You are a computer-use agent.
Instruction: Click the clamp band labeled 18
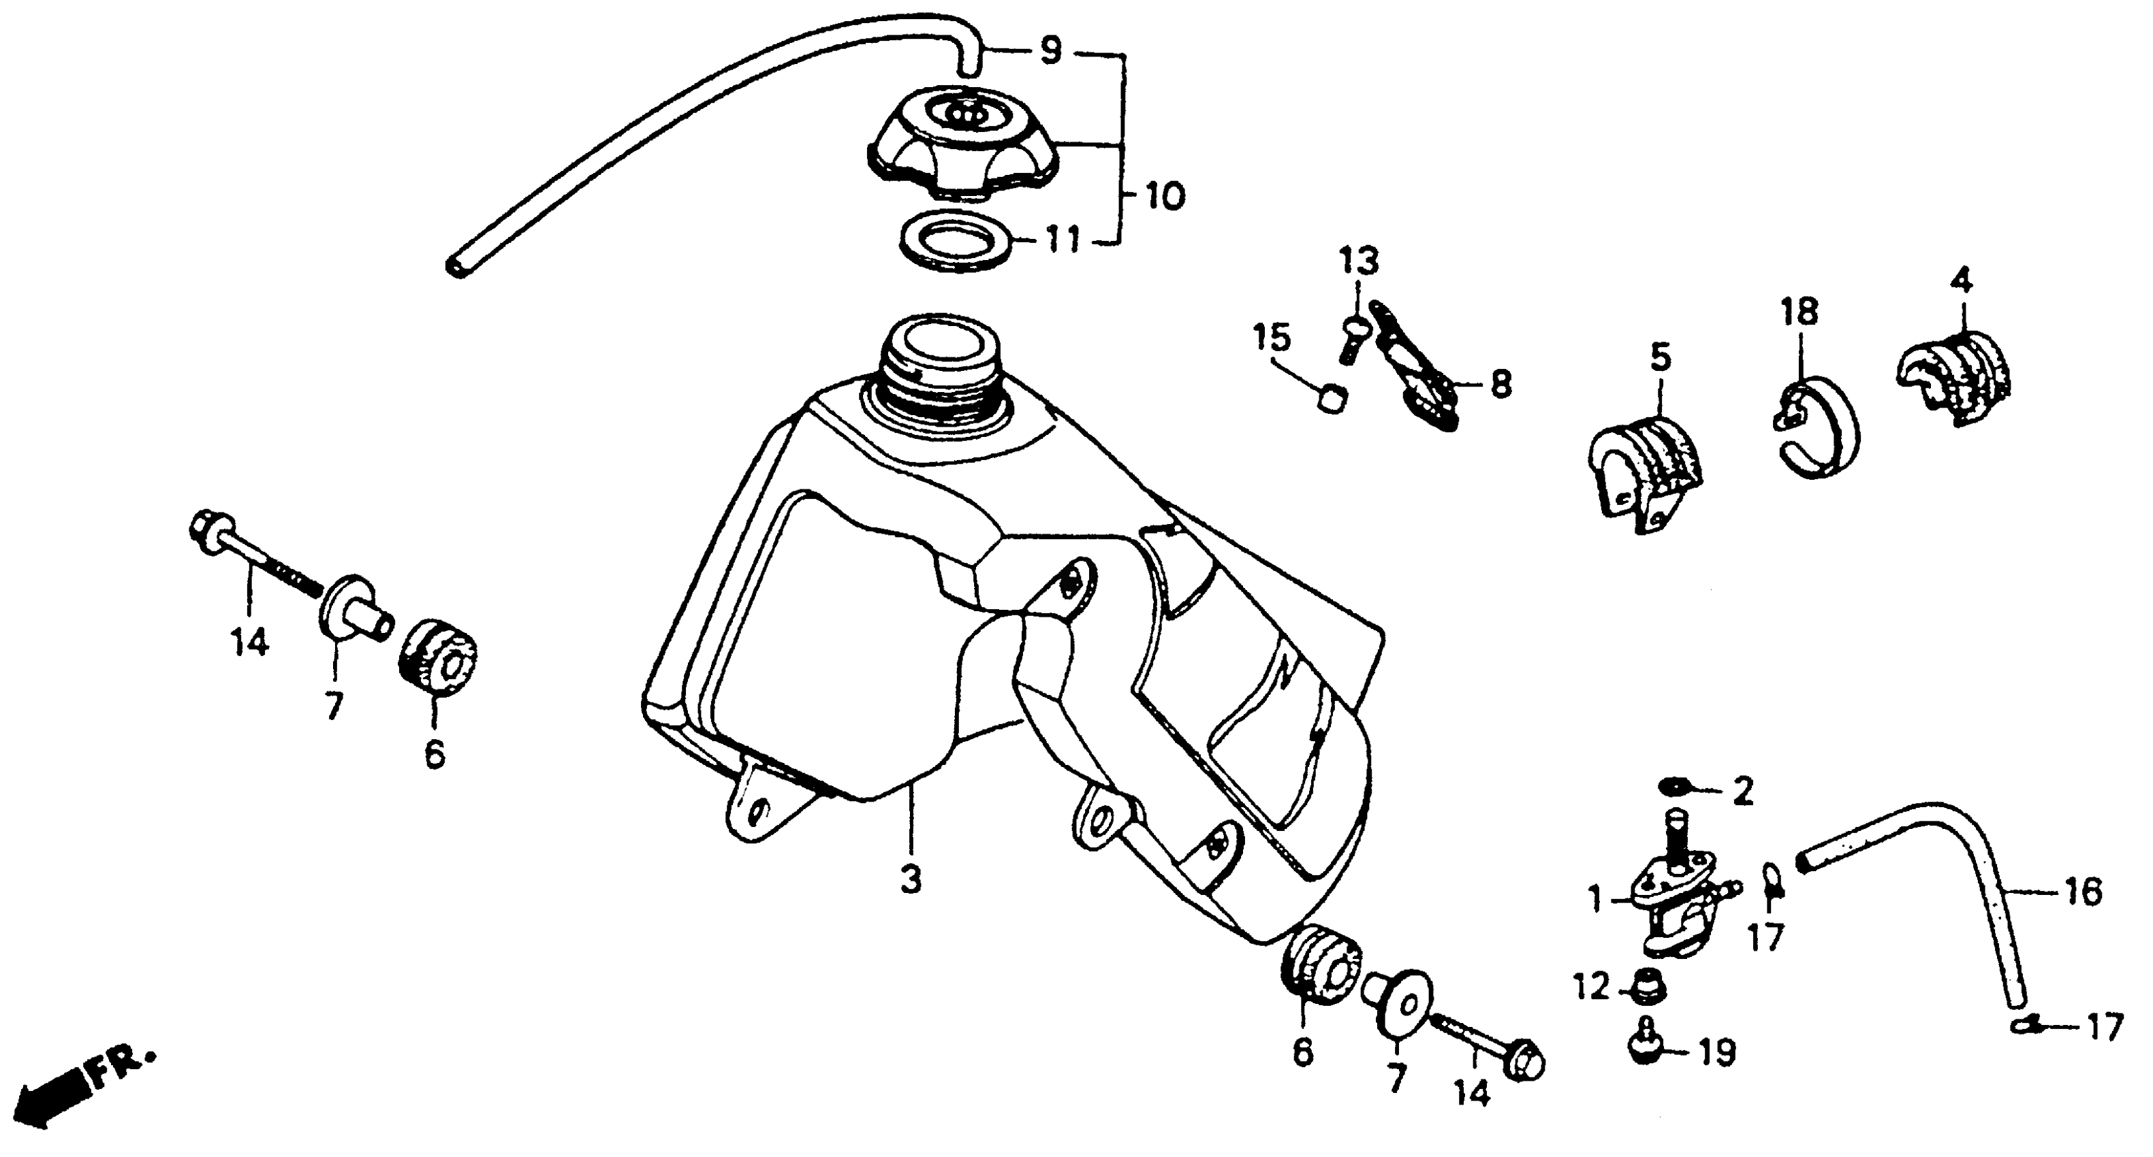1817,429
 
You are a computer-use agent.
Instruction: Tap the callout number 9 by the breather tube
1050,52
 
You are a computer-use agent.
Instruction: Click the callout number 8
1501,385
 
